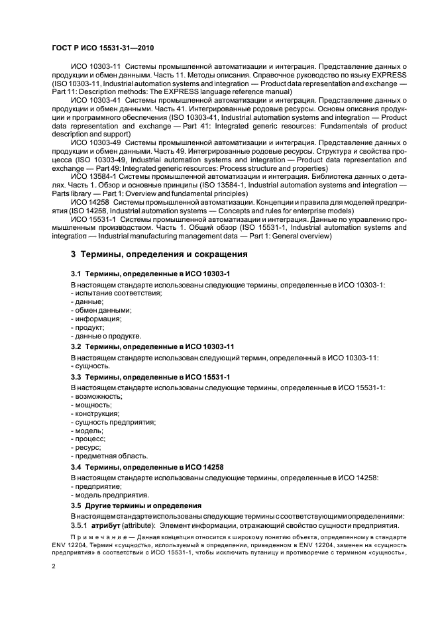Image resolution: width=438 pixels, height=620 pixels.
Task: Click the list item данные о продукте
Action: (106, 336)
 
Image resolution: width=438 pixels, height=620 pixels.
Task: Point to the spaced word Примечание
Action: (97, 537)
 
